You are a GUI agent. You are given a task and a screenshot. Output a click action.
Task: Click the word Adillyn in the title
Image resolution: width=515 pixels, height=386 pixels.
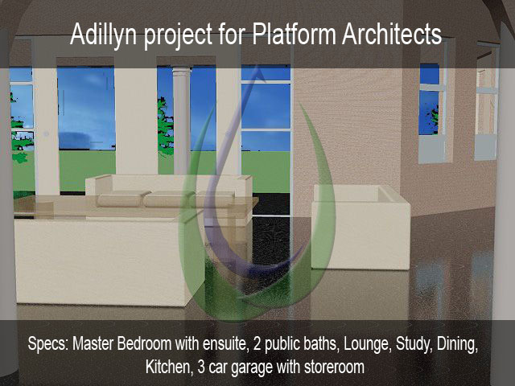click(103, 35)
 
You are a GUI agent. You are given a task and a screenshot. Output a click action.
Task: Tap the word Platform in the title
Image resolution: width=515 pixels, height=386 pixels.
click(294, 34)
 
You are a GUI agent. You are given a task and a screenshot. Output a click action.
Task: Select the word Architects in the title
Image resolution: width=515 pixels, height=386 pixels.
click(392, 34)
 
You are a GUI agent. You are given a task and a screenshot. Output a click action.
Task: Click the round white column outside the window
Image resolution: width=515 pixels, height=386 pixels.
click(182, 121)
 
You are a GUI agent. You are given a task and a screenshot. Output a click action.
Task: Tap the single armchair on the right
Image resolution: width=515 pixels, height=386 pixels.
click(360, 227)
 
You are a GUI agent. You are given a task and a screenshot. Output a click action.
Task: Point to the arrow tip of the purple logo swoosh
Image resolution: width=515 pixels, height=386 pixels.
click(258, 71)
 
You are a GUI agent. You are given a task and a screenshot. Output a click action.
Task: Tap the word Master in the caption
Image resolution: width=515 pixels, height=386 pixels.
click(93, 344)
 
